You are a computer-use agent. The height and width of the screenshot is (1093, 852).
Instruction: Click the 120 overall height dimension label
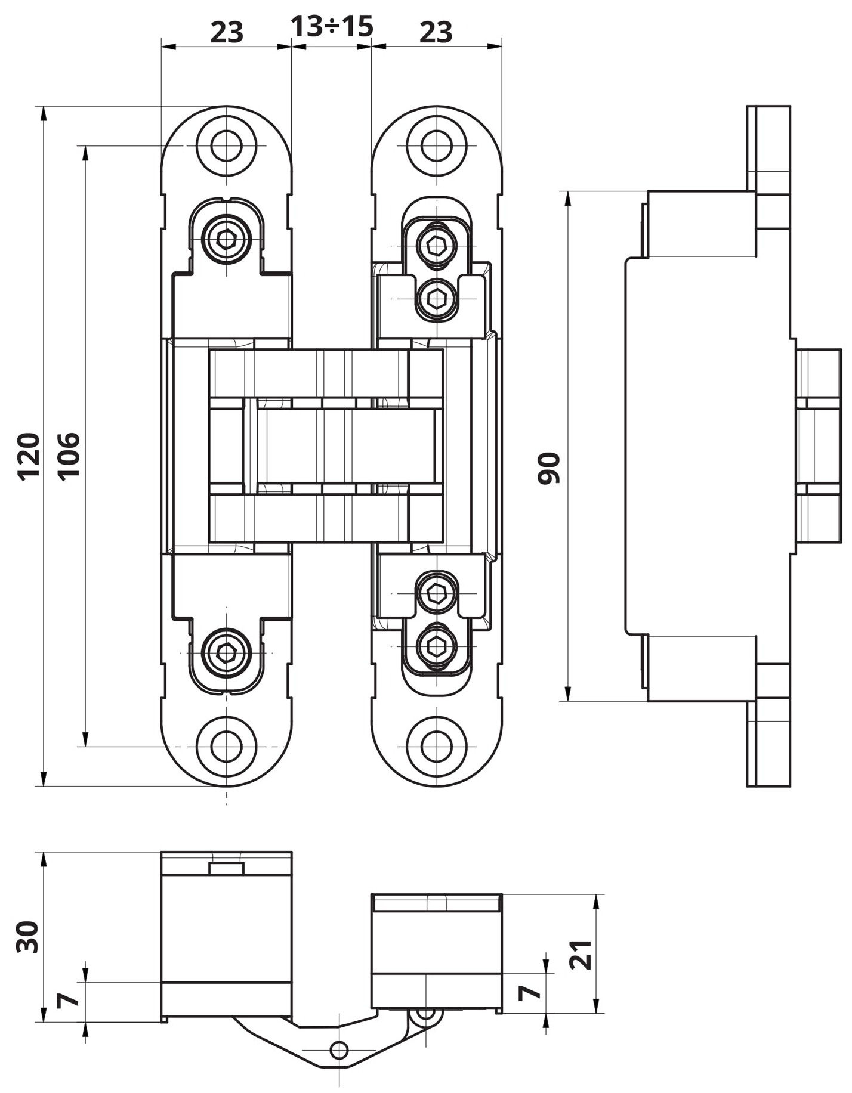click(x=28, y=457)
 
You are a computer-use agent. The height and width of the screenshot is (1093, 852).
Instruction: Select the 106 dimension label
click(x=68, y=457)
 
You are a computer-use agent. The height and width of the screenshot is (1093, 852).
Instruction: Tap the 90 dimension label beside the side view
click(x=549, y=468)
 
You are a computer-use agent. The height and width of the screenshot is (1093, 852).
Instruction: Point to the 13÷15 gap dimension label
click(x=332, y=26)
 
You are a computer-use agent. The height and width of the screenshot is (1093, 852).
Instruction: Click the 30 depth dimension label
click(x=27, y=937)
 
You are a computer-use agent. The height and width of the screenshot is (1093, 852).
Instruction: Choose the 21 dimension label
click(x=581, y=955)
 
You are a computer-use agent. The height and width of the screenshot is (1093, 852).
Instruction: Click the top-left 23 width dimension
click(x=227, y=32)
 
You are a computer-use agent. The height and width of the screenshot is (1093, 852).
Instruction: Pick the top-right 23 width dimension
click(x=436, y=32)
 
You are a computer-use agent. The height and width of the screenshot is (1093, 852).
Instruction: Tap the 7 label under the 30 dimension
click(x=68, y=1000)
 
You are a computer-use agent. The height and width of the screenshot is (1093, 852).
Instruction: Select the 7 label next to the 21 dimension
click(x=529, y=992)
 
